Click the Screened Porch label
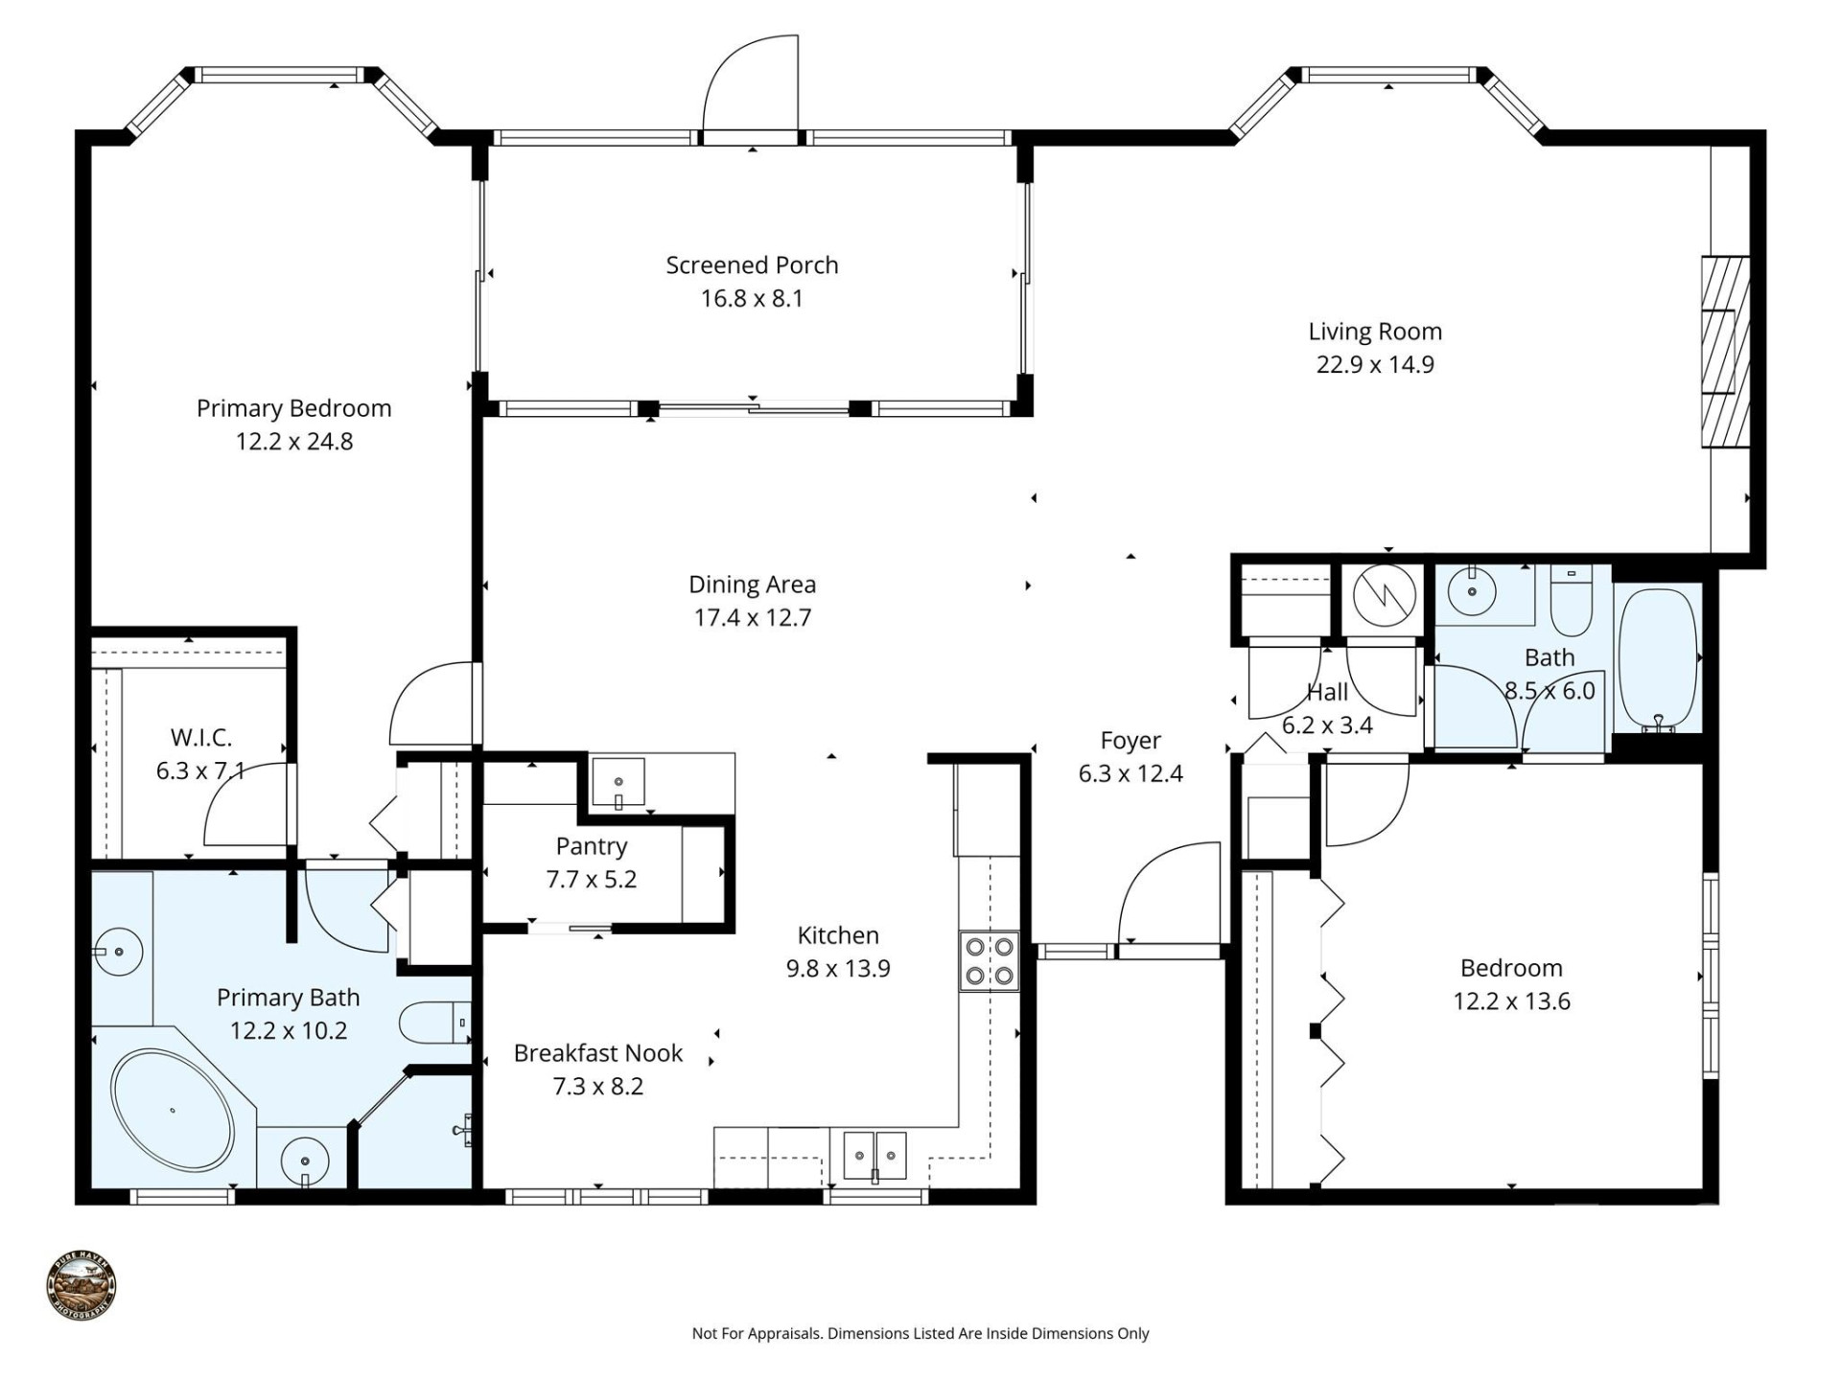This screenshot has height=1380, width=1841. coord(752,265)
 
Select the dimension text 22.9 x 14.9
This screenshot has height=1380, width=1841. coord(1374,364)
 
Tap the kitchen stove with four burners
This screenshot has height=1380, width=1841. coord(990,961)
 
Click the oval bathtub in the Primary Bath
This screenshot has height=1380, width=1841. coord(173,1110)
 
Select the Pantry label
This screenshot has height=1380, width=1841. coord(591,846)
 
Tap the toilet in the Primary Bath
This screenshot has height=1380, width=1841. coord(431,1023)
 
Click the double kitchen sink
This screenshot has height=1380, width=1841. coord(874,1156)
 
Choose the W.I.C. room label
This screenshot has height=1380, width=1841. coord(201,737)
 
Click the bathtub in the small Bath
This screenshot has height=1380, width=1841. coord(1658,659)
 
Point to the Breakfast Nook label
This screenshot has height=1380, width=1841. coord(597,1053)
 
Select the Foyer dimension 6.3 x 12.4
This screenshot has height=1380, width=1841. coord(1130,773)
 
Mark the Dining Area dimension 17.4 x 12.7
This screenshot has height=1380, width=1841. coord(752,617)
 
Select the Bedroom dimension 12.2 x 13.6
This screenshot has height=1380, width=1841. coord(1511,1001)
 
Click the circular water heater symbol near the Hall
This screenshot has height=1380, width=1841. coord(1385,595)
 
